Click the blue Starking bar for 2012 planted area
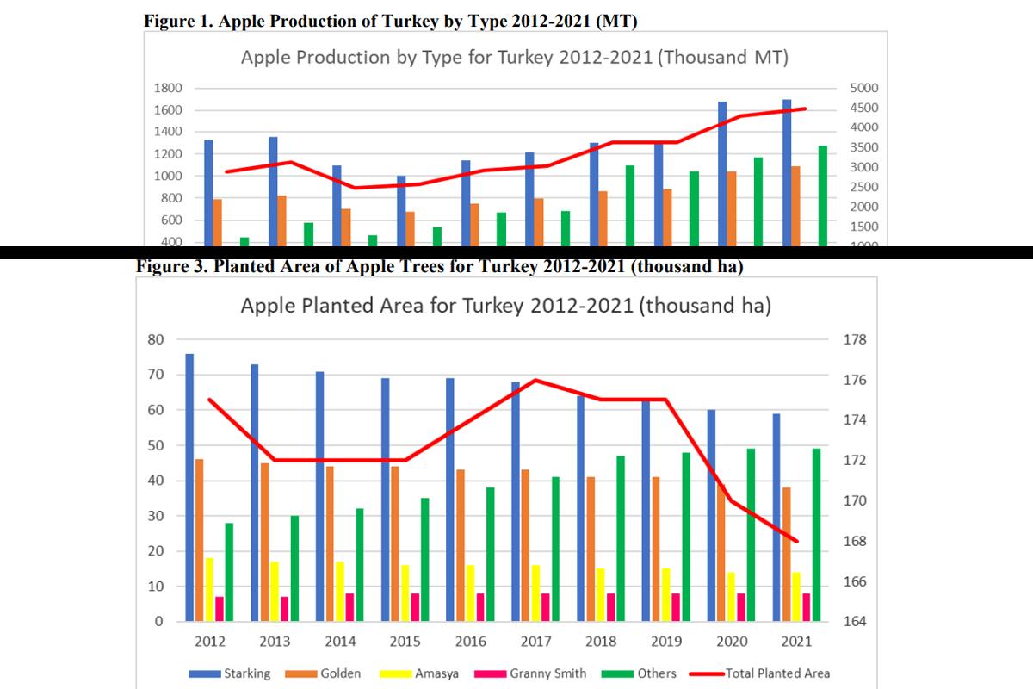pos(189,487)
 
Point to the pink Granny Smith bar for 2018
pos(610,607)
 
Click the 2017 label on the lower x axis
pos(535,642)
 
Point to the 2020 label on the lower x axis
pos(732,642)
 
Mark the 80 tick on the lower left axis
pos(155,339)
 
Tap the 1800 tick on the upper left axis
pos(168,88)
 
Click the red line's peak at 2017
pos(535,380)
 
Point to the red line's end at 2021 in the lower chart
pos(797,541)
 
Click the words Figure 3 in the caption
pos(170,266)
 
